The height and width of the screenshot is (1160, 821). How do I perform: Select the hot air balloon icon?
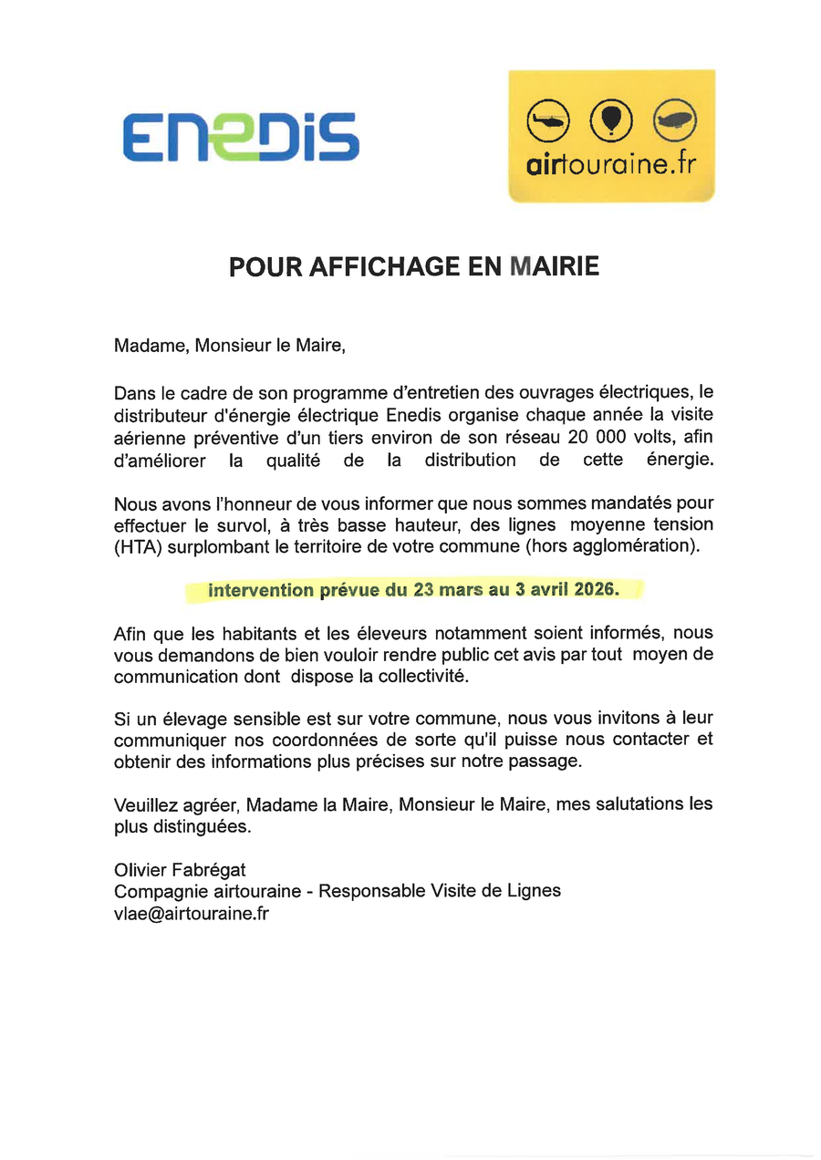(611, 118)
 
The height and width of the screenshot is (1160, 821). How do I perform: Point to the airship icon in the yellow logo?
(675, 118)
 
